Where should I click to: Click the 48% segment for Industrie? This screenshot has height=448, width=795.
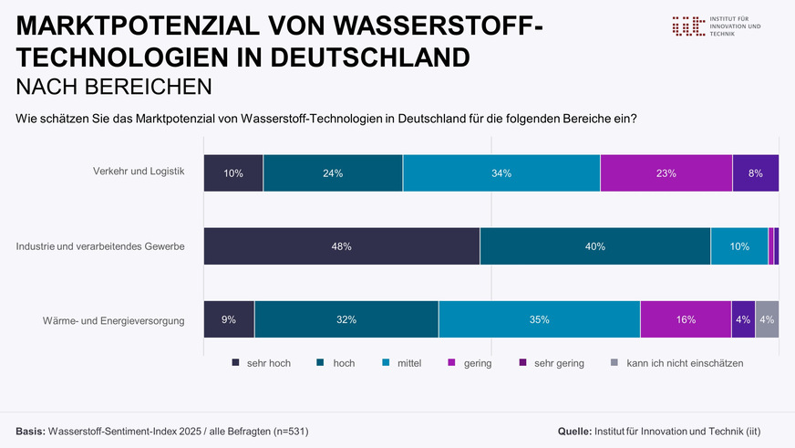342,246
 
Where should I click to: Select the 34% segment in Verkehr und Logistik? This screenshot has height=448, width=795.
501,173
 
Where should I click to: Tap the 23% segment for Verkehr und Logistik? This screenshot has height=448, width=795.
666,173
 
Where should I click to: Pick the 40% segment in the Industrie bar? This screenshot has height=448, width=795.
595,246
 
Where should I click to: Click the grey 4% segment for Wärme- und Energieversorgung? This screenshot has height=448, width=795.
767,319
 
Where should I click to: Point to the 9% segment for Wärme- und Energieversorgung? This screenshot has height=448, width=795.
229,319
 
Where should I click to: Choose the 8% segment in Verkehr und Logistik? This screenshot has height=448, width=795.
756,173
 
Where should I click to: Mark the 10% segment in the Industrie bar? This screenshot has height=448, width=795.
739,246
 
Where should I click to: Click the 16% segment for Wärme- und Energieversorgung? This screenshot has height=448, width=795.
686,319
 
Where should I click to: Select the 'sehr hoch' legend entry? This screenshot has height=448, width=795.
263,363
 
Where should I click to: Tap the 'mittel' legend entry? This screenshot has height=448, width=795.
402,363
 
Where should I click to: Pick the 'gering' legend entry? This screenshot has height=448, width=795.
470,363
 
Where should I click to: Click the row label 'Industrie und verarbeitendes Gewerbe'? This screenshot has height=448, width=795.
101,246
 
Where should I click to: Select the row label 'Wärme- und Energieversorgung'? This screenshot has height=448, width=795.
114,319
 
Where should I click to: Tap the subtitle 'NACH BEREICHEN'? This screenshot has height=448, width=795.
114,87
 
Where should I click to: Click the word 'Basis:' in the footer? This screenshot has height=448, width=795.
30,430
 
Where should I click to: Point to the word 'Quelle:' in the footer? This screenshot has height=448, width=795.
573,430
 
